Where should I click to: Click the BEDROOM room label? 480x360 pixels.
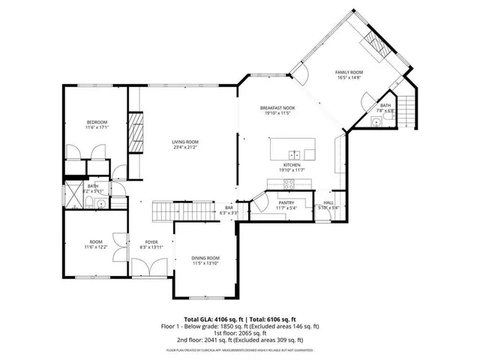97,122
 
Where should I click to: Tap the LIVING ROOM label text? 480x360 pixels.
184,142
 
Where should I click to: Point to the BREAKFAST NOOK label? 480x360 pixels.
277,108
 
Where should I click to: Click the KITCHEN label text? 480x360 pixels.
292,165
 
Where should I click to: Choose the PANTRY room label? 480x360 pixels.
286,202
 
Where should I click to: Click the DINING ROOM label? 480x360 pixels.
205,257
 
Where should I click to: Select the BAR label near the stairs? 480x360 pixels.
229,208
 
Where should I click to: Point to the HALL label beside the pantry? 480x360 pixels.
328,202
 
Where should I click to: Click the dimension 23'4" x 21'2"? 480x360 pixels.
184,148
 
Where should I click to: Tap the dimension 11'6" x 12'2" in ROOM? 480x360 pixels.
97,247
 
